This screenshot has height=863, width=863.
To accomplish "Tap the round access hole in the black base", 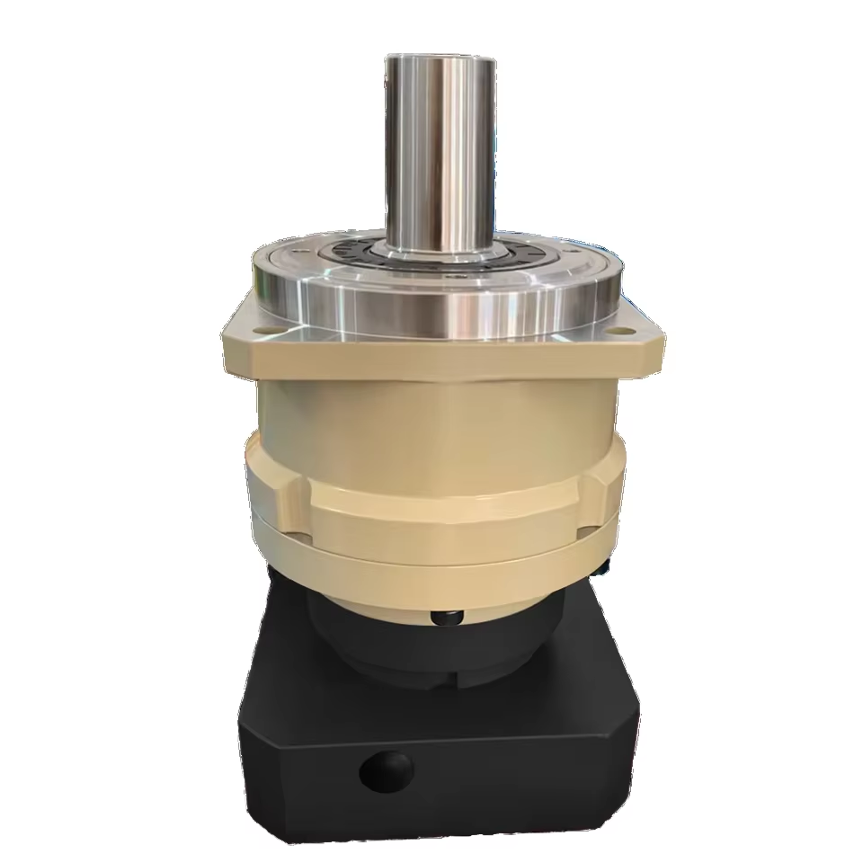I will click(387, 769).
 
